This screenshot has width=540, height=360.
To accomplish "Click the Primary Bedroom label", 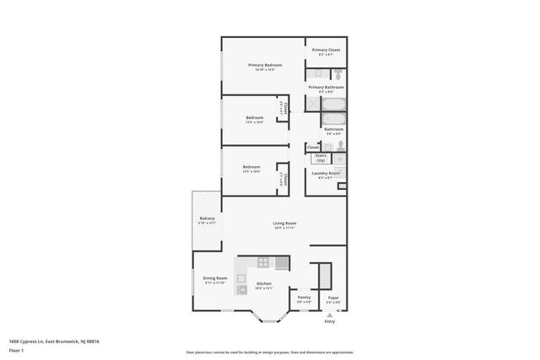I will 264,65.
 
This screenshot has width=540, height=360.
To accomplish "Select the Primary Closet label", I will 326,51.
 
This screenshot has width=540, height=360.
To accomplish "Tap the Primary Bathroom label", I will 326,87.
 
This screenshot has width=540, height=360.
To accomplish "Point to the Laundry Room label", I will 325,175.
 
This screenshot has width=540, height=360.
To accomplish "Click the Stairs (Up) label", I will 321,157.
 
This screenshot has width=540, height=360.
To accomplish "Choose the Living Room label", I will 284,223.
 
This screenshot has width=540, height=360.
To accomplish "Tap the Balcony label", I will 207,219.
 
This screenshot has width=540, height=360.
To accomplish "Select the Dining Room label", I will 216,278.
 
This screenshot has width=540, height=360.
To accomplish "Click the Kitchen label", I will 264,284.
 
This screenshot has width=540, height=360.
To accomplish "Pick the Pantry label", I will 305,298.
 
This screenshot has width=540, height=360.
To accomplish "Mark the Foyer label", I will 333,298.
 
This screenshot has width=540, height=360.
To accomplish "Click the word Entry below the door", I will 330,321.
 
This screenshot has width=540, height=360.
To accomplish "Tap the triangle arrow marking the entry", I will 330,314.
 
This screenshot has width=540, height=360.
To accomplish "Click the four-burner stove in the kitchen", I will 264,262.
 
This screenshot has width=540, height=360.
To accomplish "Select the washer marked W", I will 339,158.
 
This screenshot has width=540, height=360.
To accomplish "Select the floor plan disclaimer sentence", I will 270,352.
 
